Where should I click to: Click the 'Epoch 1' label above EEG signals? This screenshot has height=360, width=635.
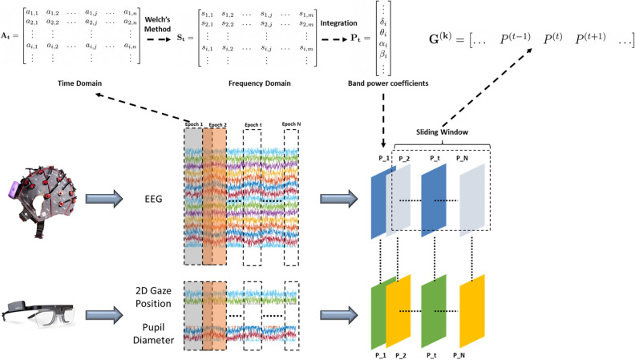[193, 124]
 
